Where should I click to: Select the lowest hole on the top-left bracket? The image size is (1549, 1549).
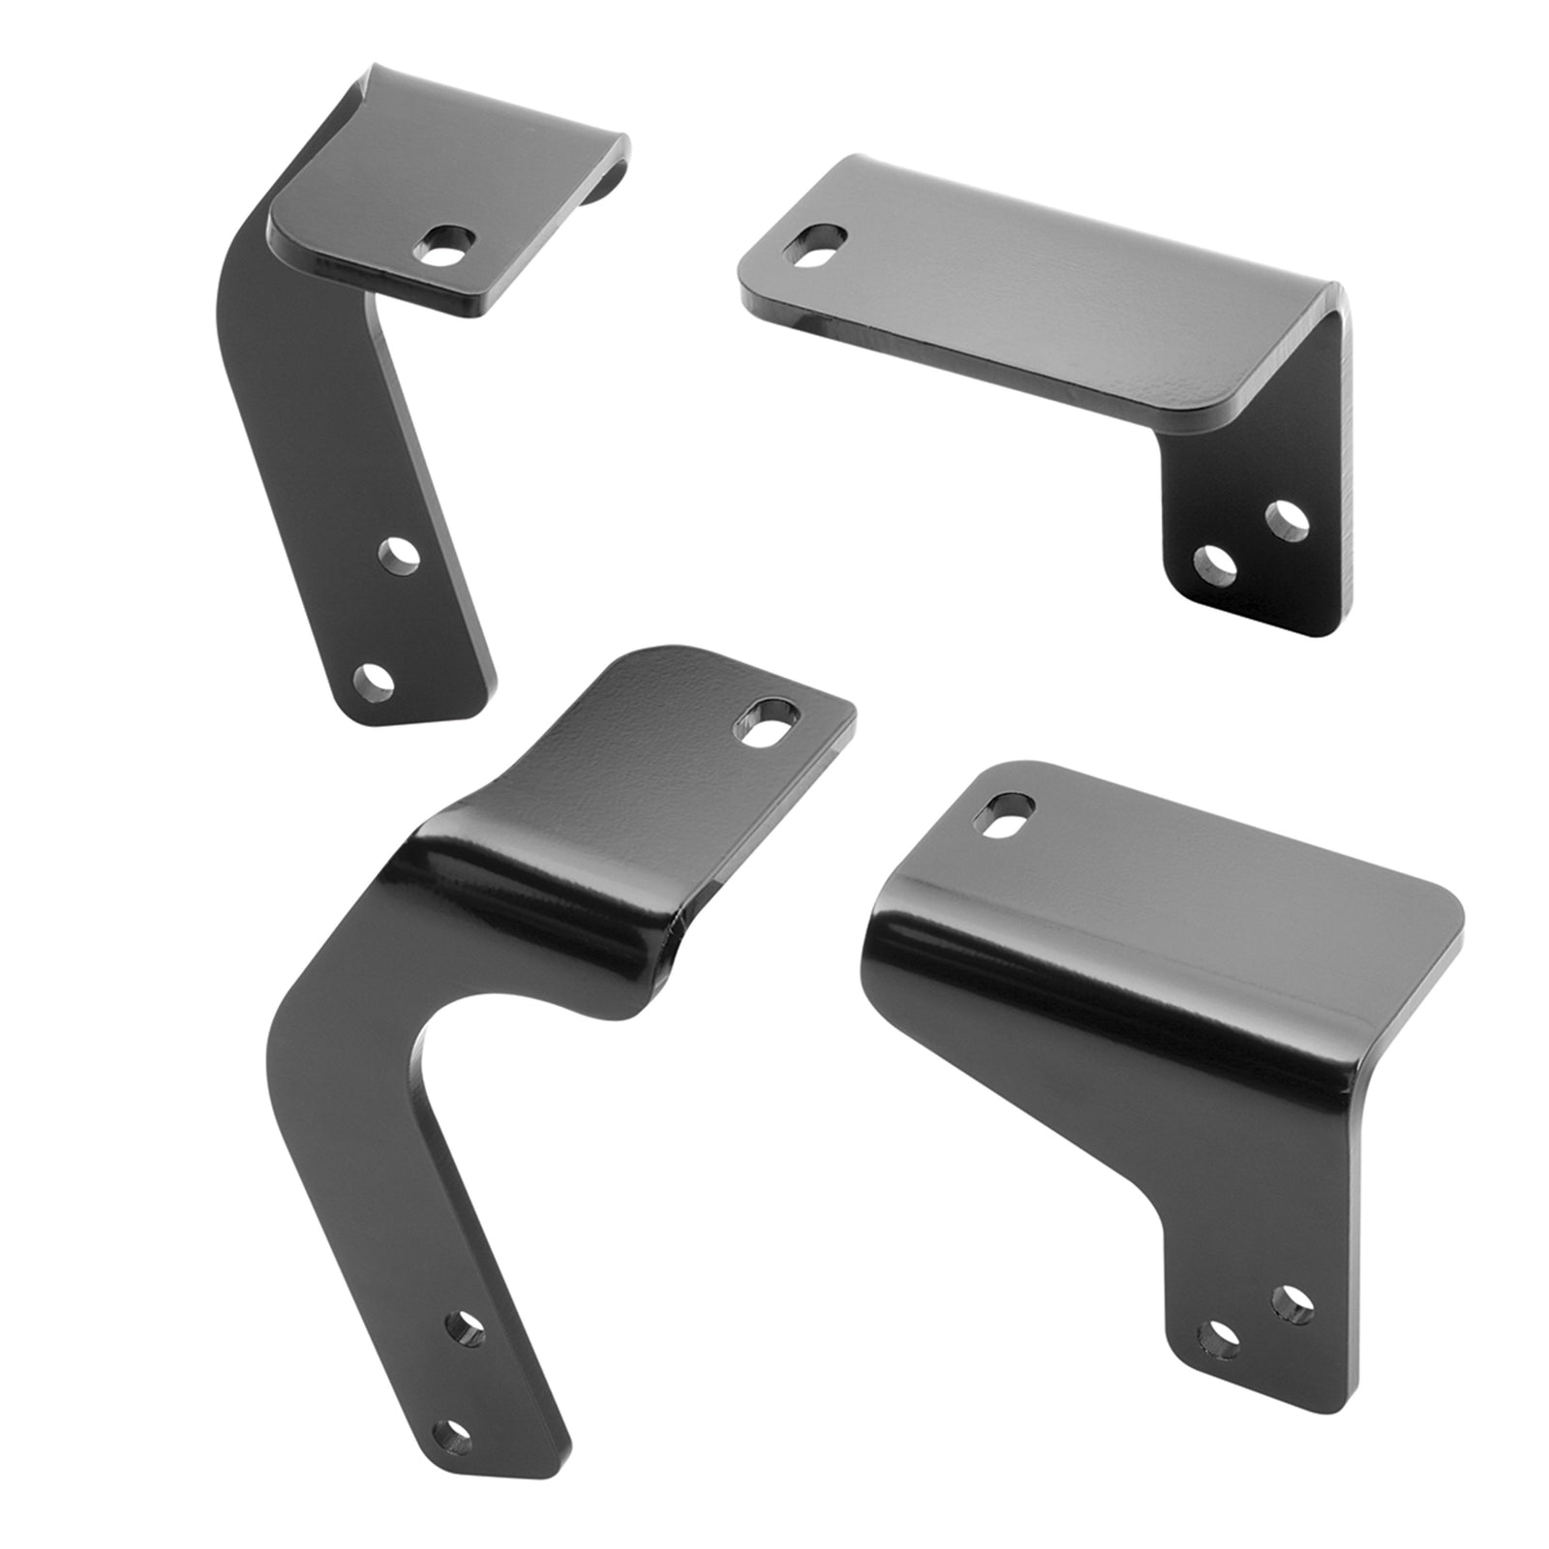click(x=373, y=681)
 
